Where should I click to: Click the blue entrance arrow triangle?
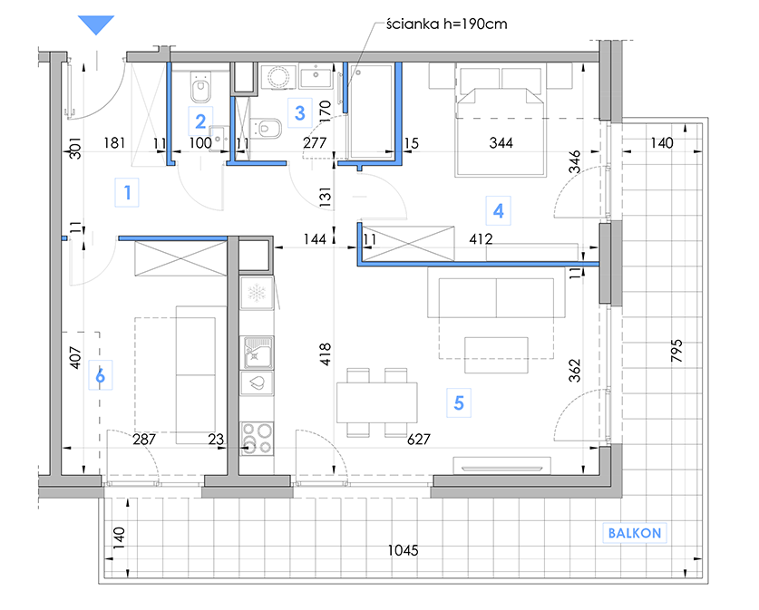[96, 24]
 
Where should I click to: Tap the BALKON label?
[635, 533]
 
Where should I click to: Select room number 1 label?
[127, 192]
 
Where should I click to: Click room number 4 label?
[498, 211]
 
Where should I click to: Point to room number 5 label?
[459, 403]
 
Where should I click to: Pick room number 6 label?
[100, 375]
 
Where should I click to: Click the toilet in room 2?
[200, 88]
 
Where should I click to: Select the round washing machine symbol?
[277, 76]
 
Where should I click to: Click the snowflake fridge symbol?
[256, 293]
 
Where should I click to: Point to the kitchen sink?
[257, 353]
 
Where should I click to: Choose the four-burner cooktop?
[257, 439]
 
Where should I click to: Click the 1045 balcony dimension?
[403, 550]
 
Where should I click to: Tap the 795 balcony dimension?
[676, 350]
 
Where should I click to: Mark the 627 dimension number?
[419, 439]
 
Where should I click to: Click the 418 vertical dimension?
[326, 353]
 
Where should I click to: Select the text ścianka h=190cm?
[446, 24]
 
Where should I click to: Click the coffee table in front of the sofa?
[496, 355]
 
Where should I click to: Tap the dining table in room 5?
[377, 402]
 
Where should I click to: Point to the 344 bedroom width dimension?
[501, 142]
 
